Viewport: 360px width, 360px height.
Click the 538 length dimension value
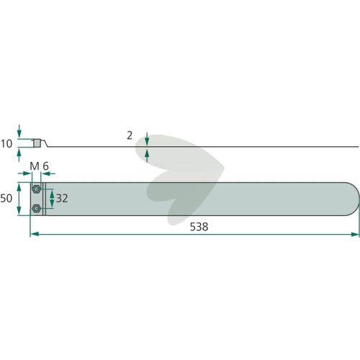tap(199, 227)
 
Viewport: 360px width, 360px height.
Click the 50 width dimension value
tap(6, 199)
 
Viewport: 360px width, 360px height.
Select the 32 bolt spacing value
tap(62, 199)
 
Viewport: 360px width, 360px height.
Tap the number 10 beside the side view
tap(6, 144)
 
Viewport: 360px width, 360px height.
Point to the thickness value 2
tap(130, 135)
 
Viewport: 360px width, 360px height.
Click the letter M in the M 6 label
tap(35, 166)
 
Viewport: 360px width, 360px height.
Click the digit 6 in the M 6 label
tap(45, 166)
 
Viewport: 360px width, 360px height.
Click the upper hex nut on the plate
tap(36, 189)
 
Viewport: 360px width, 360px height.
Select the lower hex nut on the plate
tap(36, 208)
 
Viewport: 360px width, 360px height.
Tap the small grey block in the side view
tap(37, 143)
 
